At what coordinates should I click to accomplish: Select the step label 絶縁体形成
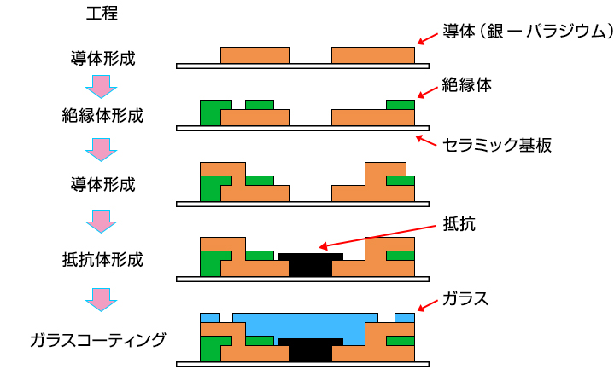pyautogui.click(x=102, y=115)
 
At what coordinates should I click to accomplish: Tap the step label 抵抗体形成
pyautogui.click(x=102, y=258)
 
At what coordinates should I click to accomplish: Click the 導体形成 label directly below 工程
pyautogui.click(x=102, y=60)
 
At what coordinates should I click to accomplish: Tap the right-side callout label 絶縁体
pyautogui.click(x=467, y=85)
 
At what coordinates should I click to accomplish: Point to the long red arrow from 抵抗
pyautogui.click(x=376, y=238)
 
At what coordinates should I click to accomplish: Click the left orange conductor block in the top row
pyautogui.click(x=255, y=55)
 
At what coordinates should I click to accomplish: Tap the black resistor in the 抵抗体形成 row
pyautogui.click(x=311, y=265)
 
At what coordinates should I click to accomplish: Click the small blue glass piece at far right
pyautogui.click(x=405, y=317)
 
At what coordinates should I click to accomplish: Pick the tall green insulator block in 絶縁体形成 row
pyautogui.click(x=209, y=113)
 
